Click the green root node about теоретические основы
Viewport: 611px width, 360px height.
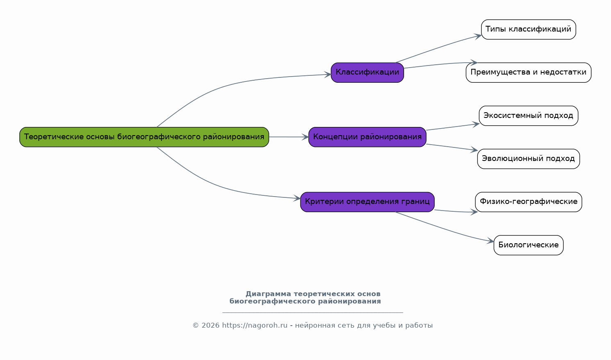tap(144, 137)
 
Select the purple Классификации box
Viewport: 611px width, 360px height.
tap(367, 72)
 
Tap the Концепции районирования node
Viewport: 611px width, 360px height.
tap(367, 137)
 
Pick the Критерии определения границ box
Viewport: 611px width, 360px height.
tap(367, 202)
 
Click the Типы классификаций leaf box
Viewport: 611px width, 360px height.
tap(528, 29)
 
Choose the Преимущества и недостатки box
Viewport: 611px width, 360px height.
tap(528, 72)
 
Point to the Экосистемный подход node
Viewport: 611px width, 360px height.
tap(528, 116)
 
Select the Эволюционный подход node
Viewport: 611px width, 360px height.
tap(528, 159)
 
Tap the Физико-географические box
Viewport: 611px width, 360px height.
tap(528, 202)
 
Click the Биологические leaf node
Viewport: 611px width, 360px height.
tap(528, 245)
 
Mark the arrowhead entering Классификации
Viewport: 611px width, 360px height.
tap(327, 75)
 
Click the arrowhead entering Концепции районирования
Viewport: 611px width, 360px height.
tap(305, 137)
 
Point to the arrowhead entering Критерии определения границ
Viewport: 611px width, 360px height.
tap(297, 198)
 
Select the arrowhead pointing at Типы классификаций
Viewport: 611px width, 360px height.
tap(478, 36)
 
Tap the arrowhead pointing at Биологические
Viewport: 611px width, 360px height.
tap(491, 241)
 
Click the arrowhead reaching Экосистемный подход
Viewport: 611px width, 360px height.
tap(476, 125)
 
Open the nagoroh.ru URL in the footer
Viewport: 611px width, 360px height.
tap(255, 325)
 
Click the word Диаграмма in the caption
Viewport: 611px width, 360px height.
tap(268, 294)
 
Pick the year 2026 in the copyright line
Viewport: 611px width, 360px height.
tap(210, 325)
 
